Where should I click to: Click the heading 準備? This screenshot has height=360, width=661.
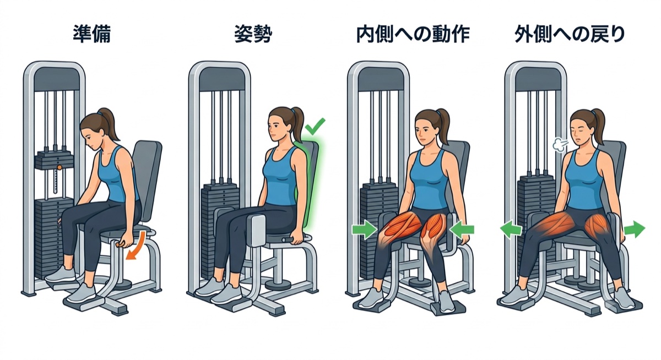point(91,34)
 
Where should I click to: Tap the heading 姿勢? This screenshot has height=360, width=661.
point(253,34)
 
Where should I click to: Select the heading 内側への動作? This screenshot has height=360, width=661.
point(413,35)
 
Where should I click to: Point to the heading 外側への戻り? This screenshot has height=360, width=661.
point(570,35)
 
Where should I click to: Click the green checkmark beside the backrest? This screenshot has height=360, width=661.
point(315,126)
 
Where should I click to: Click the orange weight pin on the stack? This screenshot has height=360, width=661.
point(59,167)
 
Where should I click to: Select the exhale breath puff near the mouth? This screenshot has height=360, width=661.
point(560,145)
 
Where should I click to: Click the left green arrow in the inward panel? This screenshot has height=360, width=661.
point(365,229)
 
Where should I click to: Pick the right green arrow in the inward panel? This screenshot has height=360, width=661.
point(462,230)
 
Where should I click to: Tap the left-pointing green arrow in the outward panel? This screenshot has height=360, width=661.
point(511,230)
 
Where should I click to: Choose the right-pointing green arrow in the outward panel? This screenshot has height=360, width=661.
point(635,230)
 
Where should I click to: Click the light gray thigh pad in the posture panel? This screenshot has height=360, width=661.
point(257,231)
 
